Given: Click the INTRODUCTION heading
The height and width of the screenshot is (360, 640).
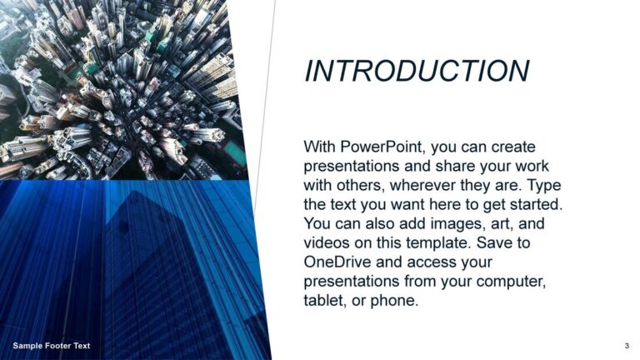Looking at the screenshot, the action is (417, 71).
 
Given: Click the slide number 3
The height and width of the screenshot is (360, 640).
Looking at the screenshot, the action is (627, 346).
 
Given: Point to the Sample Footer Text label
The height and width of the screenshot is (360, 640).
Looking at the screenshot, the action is (52, 346).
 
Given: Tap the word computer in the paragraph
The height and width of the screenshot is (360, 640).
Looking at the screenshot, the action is (511, 282).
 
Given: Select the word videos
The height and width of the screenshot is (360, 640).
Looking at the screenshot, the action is (327, 242).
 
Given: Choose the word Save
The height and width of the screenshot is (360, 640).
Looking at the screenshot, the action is (494, 242).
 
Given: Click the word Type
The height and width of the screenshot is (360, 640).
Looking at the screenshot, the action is (544, 186).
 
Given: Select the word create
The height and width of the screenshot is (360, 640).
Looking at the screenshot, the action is (513, 147).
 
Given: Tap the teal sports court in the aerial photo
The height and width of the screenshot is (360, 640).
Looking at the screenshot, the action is (236, 152).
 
